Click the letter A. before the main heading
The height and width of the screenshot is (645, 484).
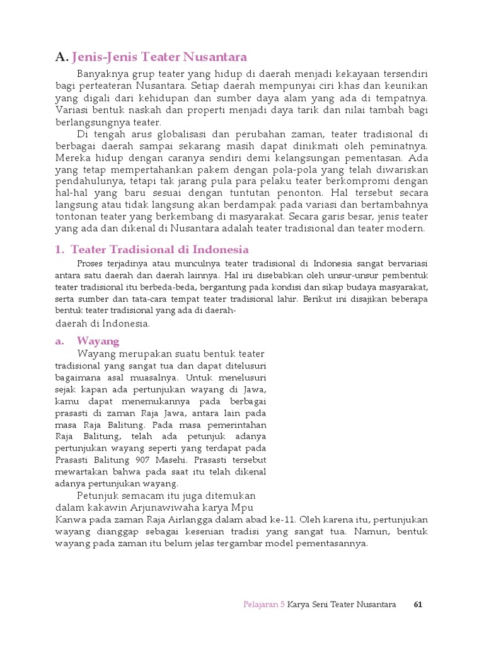point(61,57)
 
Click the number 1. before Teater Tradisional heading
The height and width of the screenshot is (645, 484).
point(60,249)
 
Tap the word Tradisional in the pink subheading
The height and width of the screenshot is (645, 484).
point(134,249)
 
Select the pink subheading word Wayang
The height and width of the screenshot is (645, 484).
point(98,341)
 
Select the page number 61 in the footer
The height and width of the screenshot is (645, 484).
point(418,605)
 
